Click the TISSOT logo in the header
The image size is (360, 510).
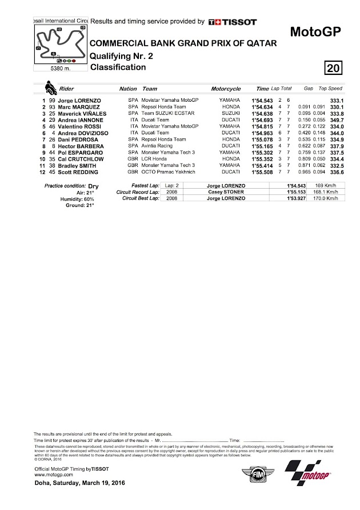coord(227,22)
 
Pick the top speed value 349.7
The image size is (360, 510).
coord(334,119)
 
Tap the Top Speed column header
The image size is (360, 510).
coord(330,89)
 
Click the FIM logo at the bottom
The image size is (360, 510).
coord(251,476)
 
